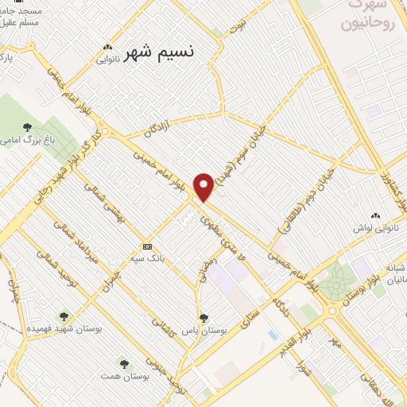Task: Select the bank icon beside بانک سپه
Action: pyautogui.click(x=146, y=246)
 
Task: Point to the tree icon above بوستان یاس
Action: pyautogui.click(x=203, y=317)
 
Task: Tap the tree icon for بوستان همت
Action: pyautogui.click(x=123, y=362)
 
